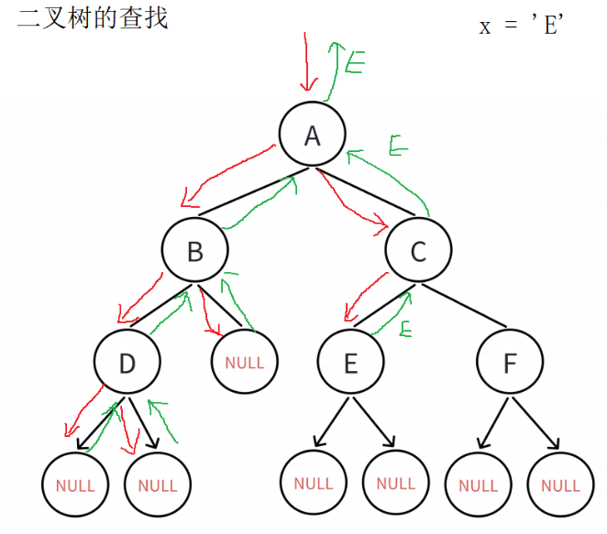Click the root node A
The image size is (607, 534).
tap(313, 136)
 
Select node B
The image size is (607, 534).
tap(194, 250)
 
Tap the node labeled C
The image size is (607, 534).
tap(418, 250)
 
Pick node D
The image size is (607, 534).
tap(127, 363)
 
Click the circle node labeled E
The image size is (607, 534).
tap(350, 363)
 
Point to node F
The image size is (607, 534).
tap(510, 363)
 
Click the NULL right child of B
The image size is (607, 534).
tap(244, 363)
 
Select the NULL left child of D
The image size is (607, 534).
tap(75, 485)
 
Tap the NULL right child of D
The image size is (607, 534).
tap(157, 485)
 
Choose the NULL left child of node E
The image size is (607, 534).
tap(313, 483)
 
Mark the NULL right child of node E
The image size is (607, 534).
tap(395, 483)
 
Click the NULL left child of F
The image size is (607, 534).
tap(478, 485)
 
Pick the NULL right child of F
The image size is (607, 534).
tap(559, 485)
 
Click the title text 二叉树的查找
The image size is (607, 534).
tap(93, 17)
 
